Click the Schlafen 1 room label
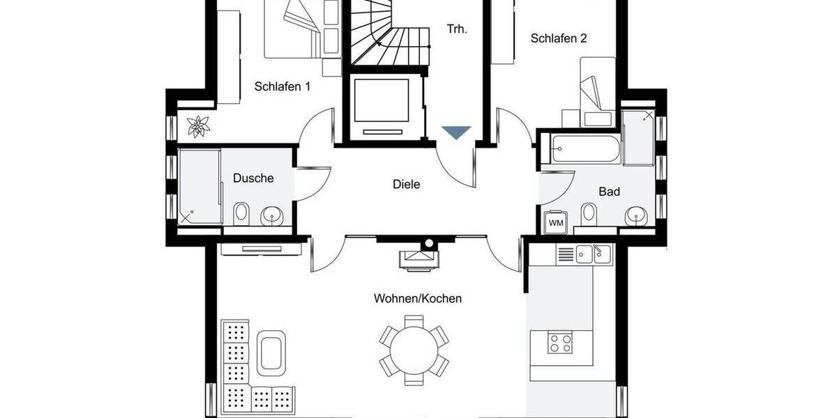click(282, 87)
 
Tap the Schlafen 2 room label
click(558, 38)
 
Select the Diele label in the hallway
click(406, 185)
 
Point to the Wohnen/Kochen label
click(417, 298)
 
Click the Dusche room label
click(253, 178)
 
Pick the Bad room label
click(609, 192)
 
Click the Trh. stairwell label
click(457, 29)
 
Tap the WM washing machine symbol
click(556, 222)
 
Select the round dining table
click(414, 346)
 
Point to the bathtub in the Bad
click(585, 148)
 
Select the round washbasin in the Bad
click(635, 215)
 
